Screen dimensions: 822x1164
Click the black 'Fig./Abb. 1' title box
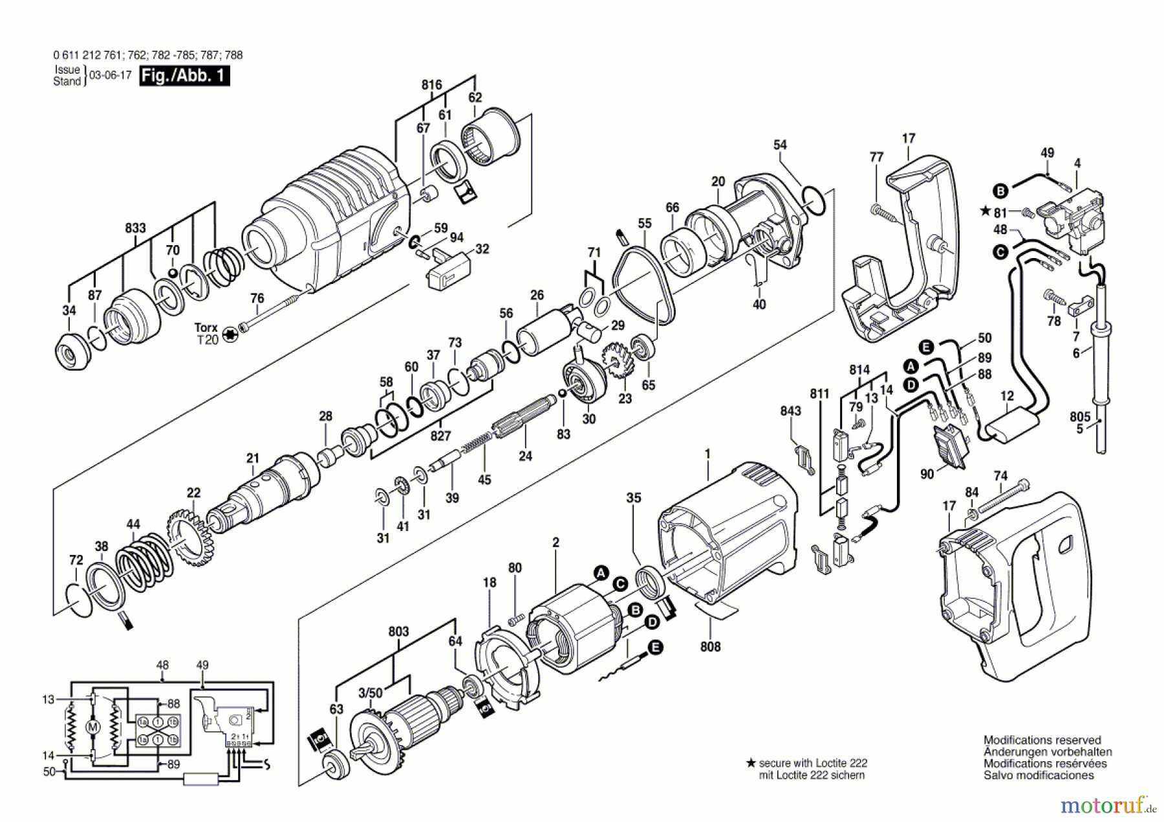[x=184, y=76]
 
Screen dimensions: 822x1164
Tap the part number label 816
[x=431, y=85]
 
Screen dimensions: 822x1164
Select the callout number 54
[x=780, y=145]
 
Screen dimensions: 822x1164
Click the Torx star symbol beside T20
[x=228, y=335]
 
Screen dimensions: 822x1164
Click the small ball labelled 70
[x=173, y=272]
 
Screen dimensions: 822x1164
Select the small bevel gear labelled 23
[x=618, y=365]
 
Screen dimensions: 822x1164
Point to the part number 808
[x=710, y=646]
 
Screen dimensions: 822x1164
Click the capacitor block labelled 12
[x=1011, y=424]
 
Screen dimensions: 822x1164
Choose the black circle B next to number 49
[x=1000, y=190]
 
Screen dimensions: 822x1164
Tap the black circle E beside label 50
[x=926, y=347]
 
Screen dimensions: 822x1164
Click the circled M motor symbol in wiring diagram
[x=93, y=728]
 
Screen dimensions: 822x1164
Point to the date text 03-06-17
[x=110, y=75]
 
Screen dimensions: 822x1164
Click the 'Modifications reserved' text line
[x=1042, y=740]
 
